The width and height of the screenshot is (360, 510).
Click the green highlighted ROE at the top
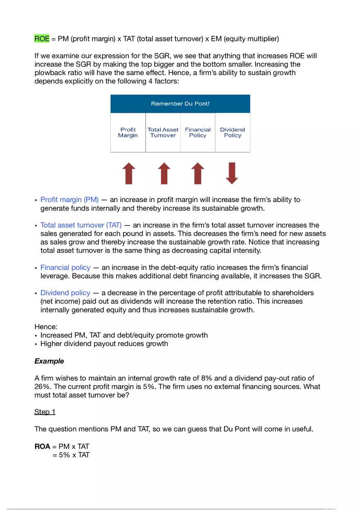[x=42, y=39]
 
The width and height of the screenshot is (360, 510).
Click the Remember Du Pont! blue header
[x=180, y=104]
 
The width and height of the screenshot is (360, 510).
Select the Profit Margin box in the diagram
[x=128, y=133]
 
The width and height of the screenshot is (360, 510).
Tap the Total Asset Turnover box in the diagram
[x=163, y=133]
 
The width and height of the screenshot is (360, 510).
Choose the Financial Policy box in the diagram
[x=198, y=133]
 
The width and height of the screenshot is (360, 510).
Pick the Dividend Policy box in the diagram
[x=232, y=133]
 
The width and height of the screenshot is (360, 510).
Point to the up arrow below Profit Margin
[x=128, y=173]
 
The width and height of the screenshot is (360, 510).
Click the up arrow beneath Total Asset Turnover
[x=164, y=173]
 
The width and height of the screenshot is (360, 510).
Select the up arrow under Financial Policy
[x=198, y=173]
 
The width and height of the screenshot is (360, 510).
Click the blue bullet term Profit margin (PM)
[x=70, y=200]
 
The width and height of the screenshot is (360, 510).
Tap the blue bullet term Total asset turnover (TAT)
[x=81, y=225]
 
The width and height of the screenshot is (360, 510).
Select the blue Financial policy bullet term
[x=65, y=268]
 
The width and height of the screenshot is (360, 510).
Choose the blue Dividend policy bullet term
[x=65, y=293]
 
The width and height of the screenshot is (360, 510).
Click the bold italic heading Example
[x=49, y=362]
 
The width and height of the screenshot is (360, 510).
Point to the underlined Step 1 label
[x=45, y=412]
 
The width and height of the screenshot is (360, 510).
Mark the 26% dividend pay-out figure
[x=42, y=387]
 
